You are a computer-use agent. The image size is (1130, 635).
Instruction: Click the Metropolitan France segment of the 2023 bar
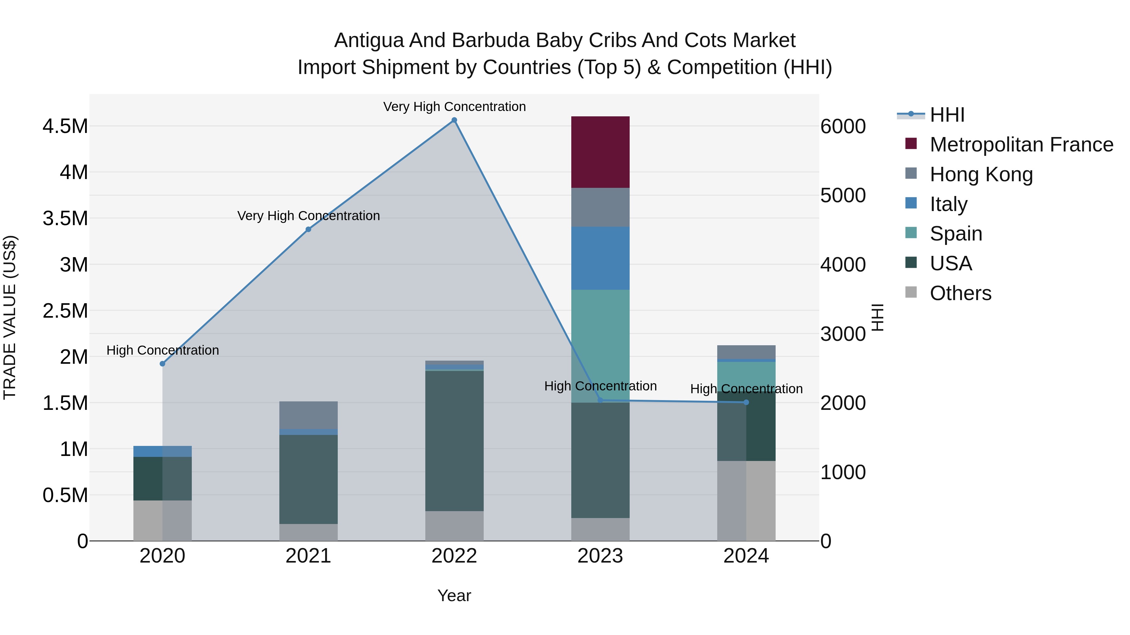[x=600, y=152]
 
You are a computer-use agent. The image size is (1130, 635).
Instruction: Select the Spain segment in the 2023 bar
[x=600, y=346]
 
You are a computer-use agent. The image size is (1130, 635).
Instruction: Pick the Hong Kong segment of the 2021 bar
[x=308, y=415]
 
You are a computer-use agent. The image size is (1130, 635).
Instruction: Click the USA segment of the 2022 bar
[x=455, y=441]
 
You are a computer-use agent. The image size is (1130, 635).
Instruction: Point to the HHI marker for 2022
[x=455, y=120]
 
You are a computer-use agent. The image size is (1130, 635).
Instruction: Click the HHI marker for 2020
[x=162, y=364]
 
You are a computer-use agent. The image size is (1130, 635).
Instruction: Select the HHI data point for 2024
[x=746, y=402]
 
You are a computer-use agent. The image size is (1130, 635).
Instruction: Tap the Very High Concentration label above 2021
[x=308, y=216]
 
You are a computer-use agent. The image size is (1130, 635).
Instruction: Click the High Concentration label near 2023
[x=600, y=386]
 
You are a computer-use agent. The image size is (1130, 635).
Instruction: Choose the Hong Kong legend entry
[x=981, y=174]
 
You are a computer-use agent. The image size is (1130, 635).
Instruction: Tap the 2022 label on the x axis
[x=455, y=556]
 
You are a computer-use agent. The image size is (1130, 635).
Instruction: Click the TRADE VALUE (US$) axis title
[x=10, y=317]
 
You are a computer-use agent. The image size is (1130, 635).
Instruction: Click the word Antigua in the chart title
[x=369, y=40]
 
